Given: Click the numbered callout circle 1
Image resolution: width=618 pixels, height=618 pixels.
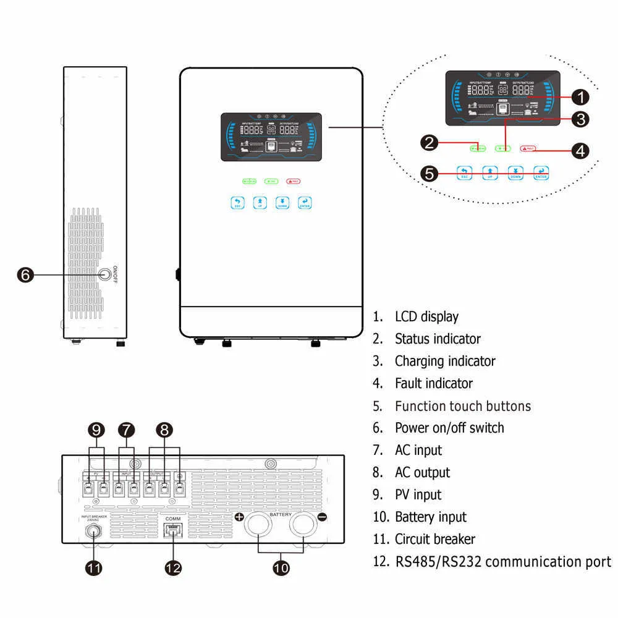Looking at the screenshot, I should [x=580, y=96].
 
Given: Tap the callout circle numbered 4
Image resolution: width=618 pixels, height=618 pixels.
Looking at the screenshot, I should [x=580, y=149].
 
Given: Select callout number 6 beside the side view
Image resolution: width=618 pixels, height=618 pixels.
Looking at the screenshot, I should [x=25, y=274].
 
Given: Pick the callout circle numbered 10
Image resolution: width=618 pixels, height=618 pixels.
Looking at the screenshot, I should [x=281, y=567].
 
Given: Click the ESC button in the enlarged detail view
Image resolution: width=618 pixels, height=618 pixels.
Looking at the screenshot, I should [x=465, y=173].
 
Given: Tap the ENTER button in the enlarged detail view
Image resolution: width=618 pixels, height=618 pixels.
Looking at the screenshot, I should [x=541, y=173].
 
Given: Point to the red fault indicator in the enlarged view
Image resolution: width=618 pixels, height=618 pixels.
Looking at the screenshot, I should [x=528, y=149].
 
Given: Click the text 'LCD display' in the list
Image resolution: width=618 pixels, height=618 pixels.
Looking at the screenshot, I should [x=426, y=316].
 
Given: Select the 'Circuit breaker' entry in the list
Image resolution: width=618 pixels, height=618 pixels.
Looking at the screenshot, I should [x=435, y=539].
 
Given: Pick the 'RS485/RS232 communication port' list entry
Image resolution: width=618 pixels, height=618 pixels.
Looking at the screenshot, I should [x=502, y=562].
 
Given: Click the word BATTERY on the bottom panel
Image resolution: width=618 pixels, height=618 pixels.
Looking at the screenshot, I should [x=281, y=514].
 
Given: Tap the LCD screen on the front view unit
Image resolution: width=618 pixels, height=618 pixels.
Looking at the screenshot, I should [x=270, y=137].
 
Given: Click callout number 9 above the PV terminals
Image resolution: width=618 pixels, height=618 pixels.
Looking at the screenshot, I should [x=96, y=430].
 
